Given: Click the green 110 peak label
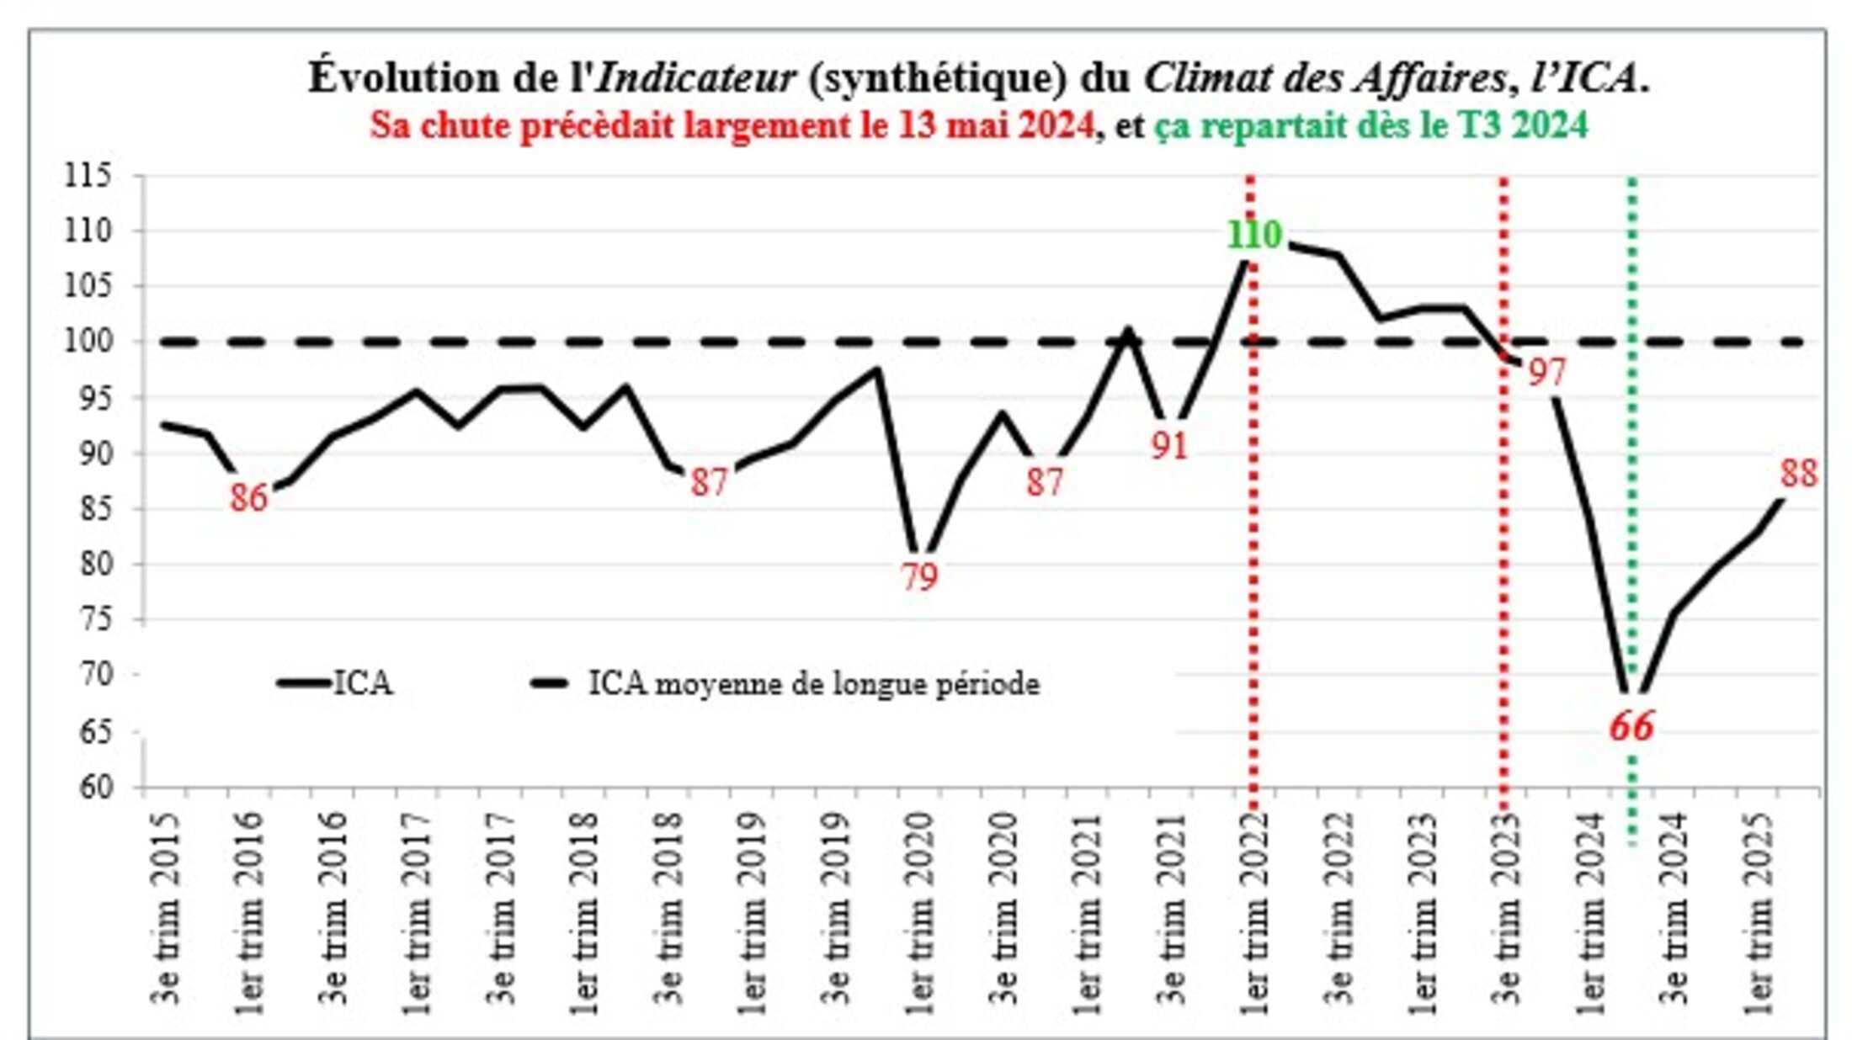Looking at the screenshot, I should [1253, 235].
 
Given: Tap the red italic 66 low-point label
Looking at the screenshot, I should [1631, 726].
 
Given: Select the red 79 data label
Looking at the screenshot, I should [919, 577].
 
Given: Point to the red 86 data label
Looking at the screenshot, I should [248, 497].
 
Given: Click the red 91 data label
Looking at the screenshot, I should [1169, 446].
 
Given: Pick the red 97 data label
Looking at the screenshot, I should [1546, 372].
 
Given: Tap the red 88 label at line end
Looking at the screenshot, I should [1798, 474].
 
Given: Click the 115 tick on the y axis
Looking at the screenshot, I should [88, 176].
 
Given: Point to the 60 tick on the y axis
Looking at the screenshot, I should [95, 788].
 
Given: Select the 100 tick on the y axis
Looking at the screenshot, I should [88, 342].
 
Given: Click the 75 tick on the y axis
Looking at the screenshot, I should [95, 620].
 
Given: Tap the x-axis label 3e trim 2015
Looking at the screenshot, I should [166, 909].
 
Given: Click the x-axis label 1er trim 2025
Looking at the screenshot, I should [1759, 913].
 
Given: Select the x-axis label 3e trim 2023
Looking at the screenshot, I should [1507, 909].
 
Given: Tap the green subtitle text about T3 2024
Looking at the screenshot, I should [1370, 125].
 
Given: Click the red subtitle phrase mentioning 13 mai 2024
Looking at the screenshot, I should [732, 125].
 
